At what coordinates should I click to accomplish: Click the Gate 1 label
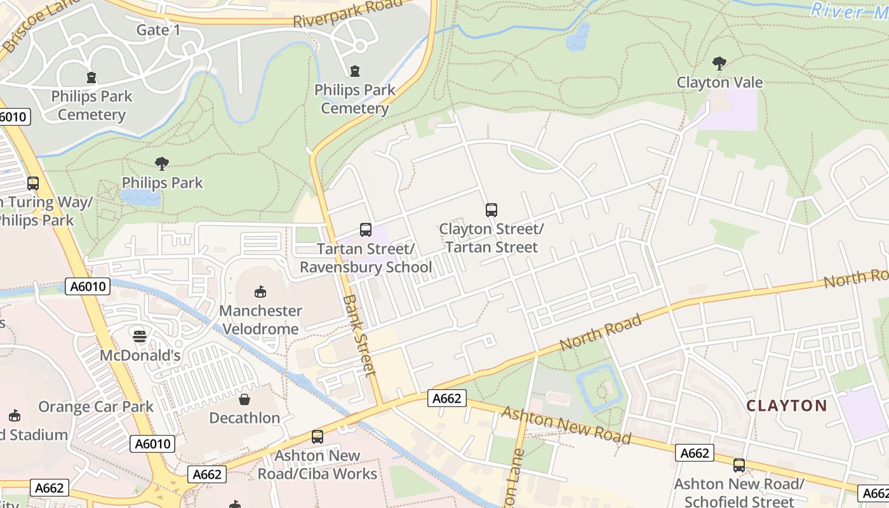tap(158, 30)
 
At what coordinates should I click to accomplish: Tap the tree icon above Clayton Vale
tap(719, 63)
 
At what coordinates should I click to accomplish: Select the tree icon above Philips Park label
tap(162, 163)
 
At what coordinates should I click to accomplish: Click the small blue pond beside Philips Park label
tap(140, 197)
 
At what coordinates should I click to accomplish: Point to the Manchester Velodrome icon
tap(260, 291)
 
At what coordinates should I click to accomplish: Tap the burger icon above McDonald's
tap(140, 335)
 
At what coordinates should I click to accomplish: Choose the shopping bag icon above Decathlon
tap(244, 399)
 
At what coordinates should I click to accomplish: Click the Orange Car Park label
tap(96, 406)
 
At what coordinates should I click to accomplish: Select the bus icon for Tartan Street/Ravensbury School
tap(365, 229)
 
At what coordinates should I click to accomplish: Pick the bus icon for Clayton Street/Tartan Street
tap(491, 210)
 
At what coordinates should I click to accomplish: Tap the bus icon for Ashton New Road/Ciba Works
tap(317, 436)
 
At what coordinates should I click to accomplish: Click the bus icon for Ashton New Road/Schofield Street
tap(739, 465)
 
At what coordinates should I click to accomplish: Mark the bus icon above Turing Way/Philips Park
tap(32, 184)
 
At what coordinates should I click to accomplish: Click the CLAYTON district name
tap(786, 406)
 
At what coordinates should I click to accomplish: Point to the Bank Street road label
tap(360, 335)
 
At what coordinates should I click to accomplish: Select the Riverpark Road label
tap(347, 13)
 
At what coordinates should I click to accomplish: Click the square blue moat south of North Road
tap(598, 387)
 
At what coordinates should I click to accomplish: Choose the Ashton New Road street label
tap(566, 425)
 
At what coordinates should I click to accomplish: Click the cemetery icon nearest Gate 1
tap(92, 77)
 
